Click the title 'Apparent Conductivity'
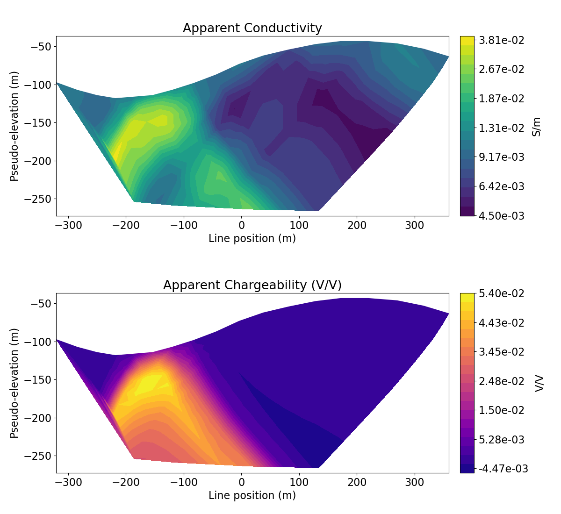coord(252,28)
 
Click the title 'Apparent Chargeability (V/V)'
coord(252,285)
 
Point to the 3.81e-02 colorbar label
coord(501,40)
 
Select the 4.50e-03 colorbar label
coord(501,216)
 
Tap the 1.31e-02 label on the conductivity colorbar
coord(501,128)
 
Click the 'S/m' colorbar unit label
coord(537,127)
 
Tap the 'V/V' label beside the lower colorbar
coord(539,383)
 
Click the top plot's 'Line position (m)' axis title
coord(252,238)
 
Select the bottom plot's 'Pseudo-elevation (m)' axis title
coord(14,383)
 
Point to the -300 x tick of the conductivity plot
coord(68,226)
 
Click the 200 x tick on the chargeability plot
coord(357,483)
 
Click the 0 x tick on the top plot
coord(241,226)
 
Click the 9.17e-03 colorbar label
coord(501,157)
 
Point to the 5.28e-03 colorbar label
coord(501,440)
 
